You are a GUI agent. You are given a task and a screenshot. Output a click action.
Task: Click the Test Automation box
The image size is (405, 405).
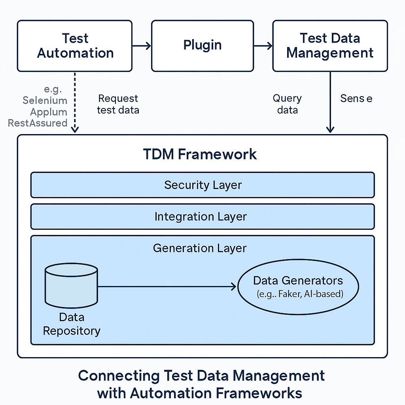(75, 46)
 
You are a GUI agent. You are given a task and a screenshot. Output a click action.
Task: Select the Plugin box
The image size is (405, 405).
(202, 46)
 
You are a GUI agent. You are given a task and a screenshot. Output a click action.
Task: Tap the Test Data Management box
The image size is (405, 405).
(330, 46)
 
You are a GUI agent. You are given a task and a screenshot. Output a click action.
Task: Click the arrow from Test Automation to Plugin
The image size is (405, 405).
(142, 46)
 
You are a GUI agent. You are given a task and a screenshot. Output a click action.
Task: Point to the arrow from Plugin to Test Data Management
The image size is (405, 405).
(263, 46)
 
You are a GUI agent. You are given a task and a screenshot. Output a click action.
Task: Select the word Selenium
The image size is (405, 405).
(45, 100)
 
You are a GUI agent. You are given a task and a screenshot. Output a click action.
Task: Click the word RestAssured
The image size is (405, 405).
(38, 123)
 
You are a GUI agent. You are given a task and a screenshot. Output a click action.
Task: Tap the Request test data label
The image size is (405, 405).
(118, 104)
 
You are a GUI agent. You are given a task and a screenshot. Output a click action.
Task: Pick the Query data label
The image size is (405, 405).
(287, 104)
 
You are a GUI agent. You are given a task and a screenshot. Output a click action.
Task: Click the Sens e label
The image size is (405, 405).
(356, 98)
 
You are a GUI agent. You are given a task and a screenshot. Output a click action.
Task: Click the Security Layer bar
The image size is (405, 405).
(202, 185)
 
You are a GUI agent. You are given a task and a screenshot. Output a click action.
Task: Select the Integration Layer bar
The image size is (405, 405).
(202, 217)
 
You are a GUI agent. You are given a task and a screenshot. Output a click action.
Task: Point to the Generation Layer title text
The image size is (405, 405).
(200, 248)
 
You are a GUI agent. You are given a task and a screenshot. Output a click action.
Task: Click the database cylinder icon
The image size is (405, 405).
(71, 286)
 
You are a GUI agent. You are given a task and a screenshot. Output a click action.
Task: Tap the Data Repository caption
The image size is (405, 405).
(72, 324)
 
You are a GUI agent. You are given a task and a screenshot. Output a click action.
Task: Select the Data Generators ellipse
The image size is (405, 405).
(298, 287)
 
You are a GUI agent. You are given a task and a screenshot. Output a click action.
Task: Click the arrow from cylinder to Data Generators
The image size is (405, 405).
(166, 286)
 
